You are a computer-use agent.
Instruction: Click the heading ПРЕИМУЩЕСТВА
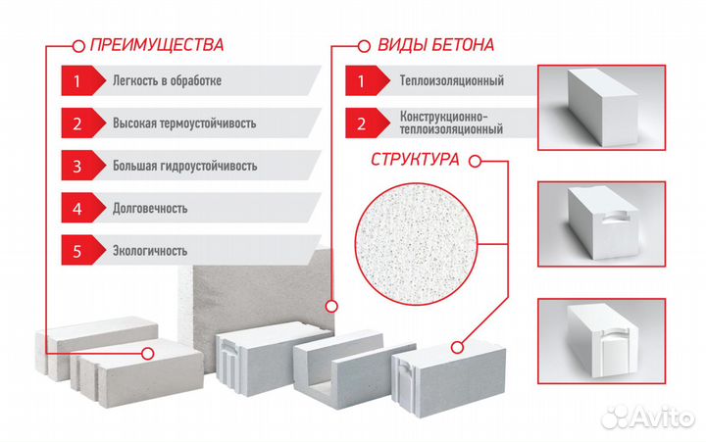156,44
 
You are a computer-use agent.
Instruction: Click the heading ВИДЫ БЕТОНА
435,44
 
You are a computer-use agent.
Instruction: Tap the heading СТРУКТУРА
416,160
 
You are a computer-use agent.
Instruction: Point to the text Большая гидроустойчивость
176,166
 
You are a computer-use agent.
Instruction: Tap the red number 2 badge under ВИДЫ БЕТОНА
362,123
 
